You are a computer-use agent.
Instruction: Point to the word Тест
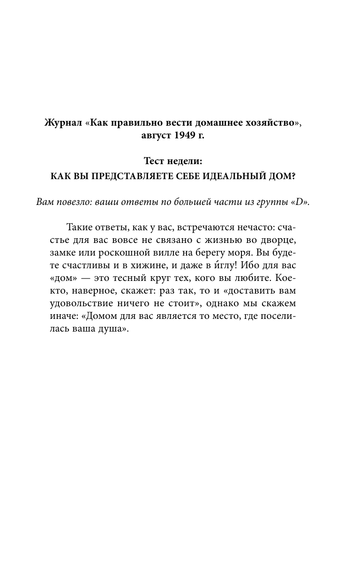pos(155,162)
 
